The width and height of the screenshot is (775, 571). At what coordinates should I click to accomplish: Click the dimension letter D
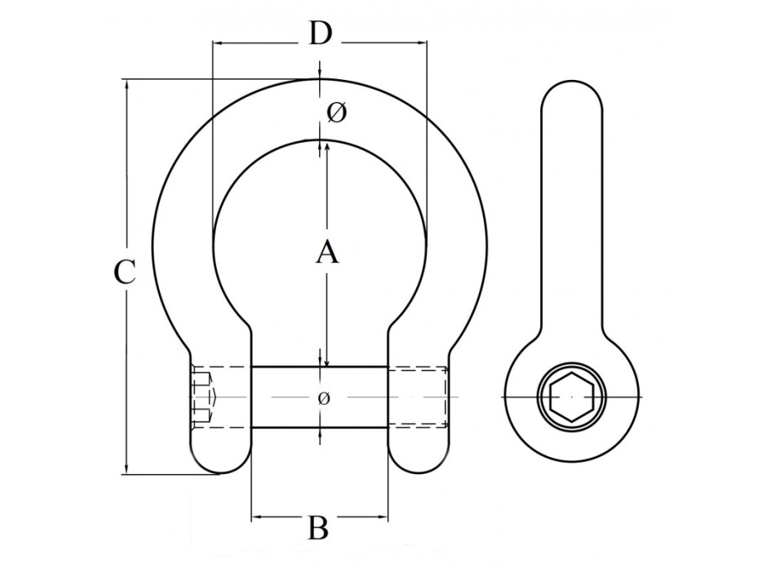(x=321, y=33)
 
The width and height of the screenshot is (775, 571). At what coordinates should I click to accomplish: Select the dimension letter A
(x=326, y=252)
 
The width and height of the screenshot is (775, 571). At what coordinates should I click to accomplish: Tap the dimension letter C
(x=123, y=272)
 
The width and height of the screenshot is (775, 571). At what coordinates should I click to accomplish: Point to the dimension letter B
(x=319, y=528)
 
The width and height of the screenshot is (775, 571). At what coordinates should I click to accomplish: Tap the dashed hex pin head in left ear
(x=204, y=397)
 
